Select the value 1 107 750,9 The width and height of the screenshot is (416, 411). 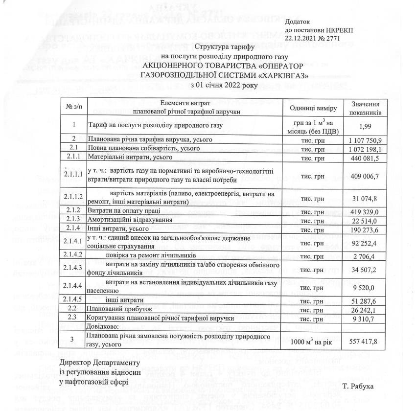tap(363, 139)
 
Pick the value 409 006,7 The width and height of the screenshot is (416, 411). tap(363, 174)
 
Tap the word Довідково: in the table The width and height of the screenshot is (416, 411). tap(103, 326)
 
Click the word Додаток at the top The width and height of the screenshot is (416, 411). tap(297, 22)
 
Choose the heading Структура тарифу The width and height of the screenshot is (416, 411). tap(223, 47)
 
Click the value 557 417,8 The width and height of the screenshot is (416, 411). tap(363, 341)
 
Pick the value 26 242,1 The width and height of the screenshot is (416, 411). tap(363, 310)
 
